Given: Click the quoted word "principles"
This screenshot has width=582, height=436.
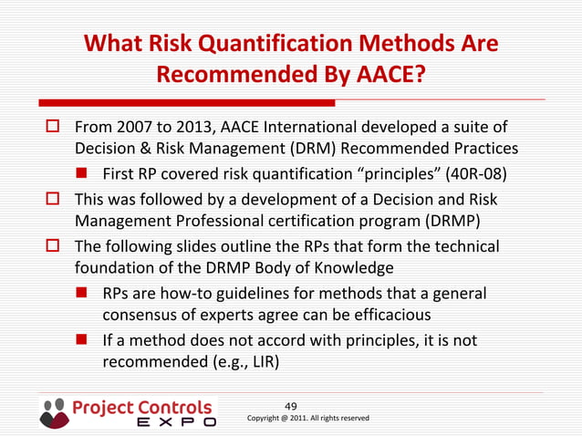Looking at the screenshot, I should pos(369,173).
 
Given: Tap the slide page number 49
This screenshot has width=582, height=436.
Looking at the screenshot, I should pos(291,406).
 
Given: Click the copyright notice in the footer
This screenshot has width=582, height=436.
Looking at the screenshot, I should pos(308,418).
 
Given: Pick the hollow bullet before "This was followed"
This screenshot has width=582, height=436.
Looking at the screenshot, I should pos(52,198).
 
